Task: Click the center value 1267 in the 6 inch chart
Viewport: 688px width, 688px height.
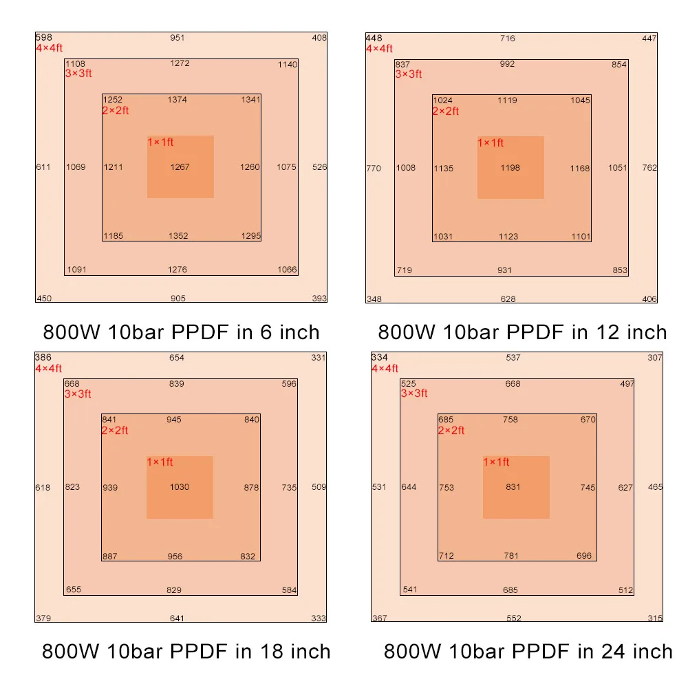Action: (x=180, y=167)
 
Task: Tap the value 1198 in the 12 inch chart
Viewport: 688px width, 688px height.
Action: (x=510, y=168)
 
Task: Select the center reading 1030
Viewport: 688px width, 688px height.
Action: (x=180, y=488)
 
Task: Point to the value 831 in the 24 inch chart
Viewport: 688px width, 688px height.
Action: (x=513, y=488)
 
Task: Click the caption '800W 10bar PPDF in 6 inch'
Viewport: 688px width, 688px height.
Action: (x=182, y=333)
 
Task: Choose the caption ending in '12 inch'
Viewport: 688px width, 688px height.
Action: (x=522, y=333)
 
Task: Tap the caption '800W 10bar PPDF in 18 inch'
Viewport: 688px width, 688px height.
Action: (x=186, y=652)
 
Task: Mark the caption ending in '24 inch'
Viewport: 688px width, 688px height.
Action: (x=528, y=652)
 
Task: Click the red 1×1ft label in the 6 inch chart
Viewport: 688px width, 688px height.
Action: (x=160, y=142)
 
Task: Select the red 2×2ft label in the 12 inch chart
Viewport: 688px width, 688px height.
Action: (x=445, y=111)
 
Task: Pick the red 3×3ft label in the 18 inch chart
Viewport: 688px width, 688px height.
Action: (x=78, y=394)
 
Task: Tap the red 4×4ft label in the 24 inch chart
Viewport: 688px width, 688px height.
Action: (x=385, y=369)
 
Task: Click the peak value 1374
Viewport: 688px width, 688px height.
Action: (x=177, y=100)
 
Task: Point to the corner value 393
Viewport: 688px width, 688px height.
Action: (x=319, y=299)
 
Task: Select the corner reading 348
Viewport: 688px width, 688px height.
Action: (x=374, y=299)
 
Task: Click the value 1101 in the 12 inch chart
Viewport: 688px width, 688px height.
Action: (x=580, y=237)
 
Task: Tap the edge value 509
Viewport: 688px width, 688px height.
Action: (x=319, y=488)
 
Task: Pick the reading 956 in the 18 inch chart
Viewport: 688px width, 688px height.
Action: (x=175, y=557)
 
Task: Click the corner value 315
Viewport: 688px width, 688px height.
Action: (x=655, y=619)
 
